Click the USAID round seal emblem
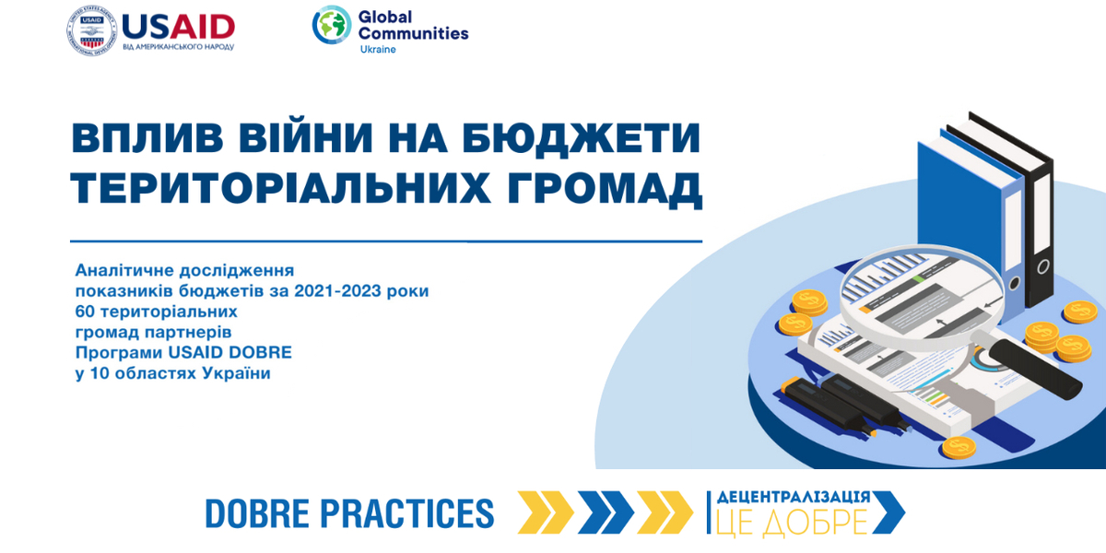[92, 30]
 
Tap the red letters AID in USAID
[203, 27]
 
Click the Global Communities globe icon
[331, 25]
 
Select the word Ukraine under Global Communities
[378, 50]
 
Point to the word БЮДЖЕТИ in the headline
[582, 139]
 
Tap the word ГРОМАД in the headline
[605, 188]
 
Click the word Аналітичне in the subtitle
[124, 271]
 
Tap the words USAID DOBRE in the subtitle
[230, 352]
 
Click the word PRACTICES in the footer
[406, 513]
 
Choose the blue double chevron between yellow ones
[606, 512]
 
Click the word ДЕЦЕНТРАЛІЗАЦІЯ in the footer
[794, 497]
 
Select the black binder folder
[1010, 207]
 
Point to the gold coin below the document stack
[959, 448]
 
